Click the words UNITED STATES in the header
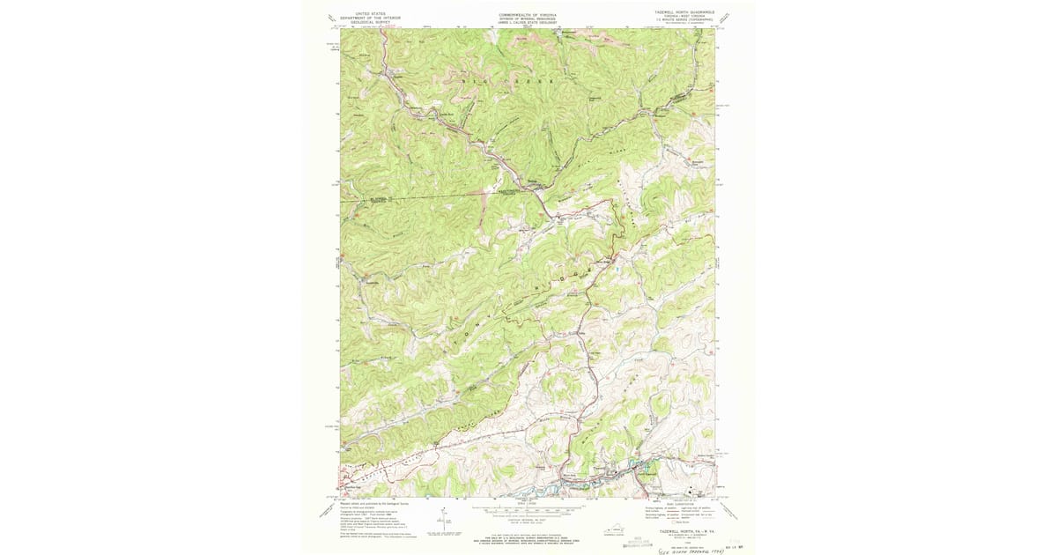(x=369, y=14)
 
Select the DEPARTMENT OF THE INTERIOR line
(x=369, y=18)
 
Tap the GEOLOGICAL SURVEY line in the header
(x=369, y=23)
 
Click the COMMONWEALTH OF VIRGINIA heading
(x=528, y=14)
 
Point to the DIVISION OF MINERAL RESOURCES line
(x=528, y=18)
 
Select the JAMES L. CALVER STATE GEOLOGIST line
(x=528, y=23)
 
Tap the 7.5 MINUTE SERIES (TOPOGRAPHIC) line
(x=683, y=22)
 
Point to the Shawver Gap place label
(x=353, y=484)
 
